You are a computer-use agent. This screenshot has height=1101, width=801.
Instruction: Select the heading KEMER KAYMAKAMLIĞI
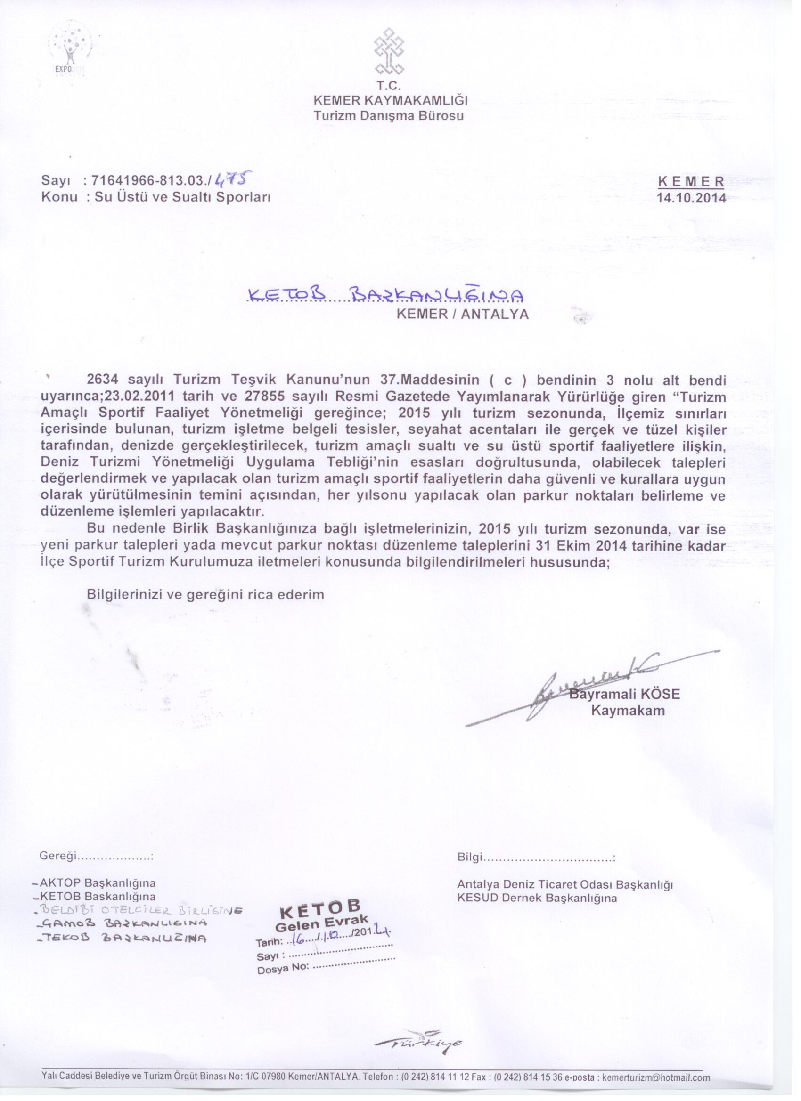tap(390, 101)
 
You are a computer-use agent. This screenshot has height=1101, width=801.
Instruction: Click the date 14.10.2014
tap(691, 198)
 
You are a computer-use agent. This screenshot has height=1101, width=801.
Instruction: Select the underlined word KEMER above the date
tap(691, 182)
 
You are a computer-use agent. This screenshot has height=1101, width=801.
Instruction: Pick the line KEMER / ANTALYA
tap(462, 314)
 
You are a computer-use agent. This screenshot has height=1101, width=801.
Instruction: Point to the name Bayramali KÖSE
tap(625, 694)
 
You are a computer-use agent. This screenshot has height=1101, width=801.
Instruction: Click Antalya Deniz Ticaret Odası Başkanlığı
tap(565, 884)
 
